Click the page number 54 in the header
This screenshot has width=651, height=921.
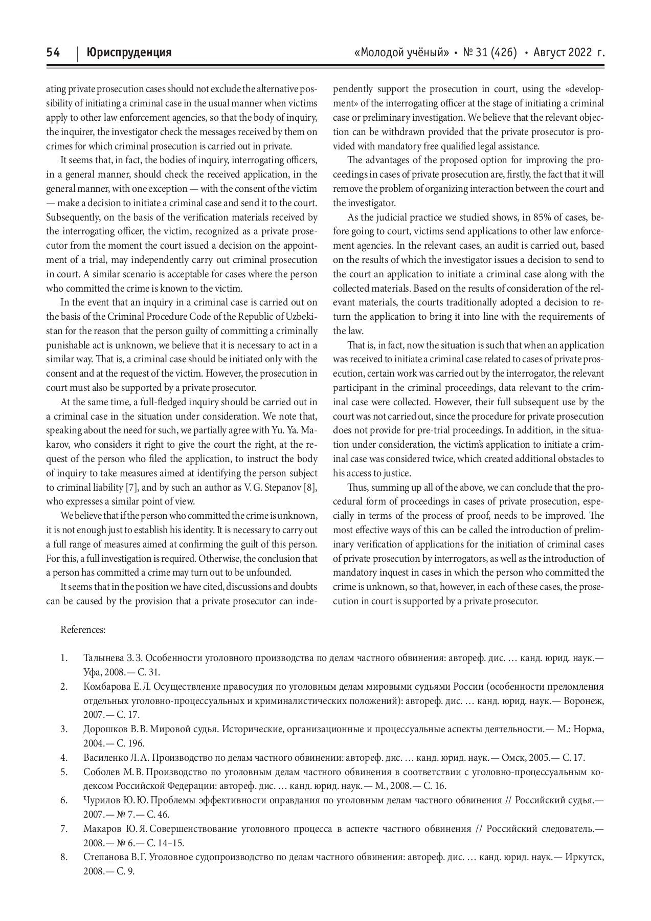point(53,53)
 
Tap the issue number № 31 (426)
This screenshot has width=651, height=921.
point(489,53)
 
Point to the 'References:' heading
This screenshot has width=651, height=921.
point(83,630)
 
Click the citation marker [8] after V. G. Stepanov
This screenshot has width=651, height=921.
point(309,487)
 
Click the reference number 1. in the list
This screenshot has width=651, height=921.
point(64,658)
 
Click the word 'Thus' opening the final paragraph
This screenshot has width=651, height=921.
point(356,487)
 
